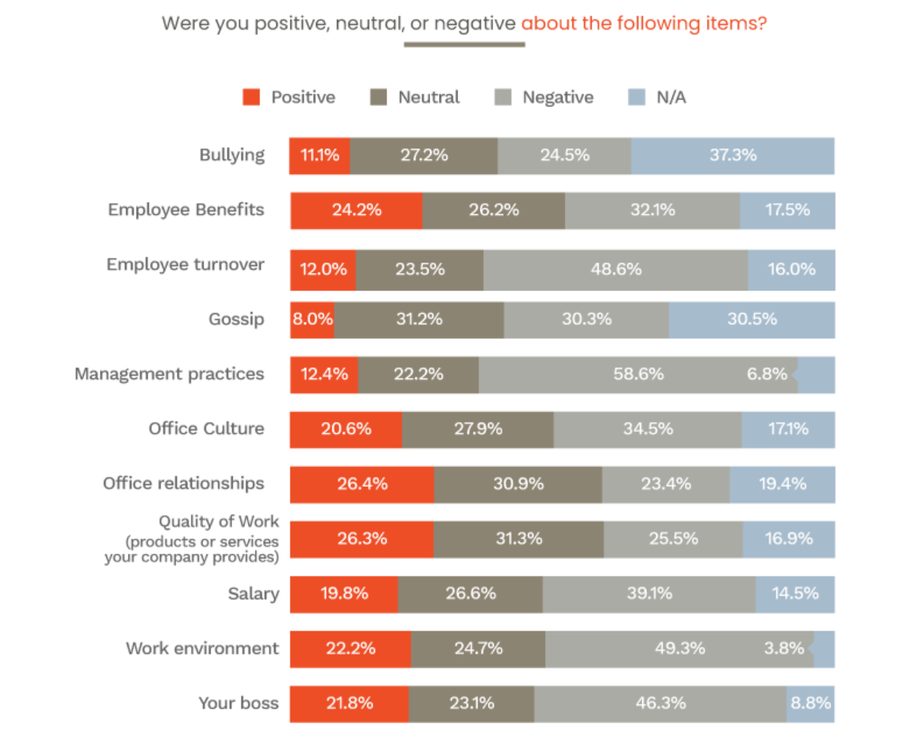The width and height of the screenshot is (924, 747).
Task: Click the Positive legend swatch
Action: [251, 97]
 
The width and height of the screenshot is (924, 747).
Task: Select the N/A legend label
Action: [670, 97]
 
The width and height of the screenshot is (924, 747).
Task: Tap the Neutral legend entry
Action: [429, 97]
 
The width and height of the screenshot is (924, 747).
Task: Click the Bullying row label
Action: [232, 155]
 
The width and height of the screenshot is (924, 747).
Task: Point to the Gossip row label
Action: [236, 319]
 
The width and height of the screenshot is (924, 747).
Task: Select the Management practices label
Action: [169, 373]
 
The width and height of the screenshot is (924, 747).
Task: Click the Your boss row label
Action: [238, 704]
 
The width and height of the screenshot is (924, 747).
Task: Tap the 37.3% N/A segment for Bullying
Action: [732, 155]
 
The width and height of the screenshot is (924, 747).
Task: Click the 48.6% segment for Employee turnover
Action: [616, 269]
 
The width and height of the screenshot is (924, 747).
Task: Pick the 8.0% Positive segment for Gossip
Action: [312, 319]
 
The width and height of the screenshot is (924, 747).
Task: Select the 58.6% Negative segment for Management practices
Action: [638, 374]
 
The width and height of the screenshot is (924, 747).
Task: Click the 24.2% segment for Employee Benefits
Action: [356, 210]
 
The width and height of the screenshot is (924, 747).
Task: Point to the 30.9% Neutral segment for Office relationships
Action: [518, 484]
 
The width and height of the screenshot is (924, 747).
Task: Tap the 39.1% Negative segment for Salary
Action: [648, 594]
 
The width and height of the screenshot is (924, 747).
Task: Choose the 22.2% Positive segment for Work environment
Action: [350, 648]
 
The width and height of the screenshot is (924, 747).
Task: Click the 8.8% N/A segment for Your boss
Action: [811, 704]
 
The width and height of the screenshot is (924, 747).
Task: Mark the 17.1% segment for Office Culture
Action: [788, 429]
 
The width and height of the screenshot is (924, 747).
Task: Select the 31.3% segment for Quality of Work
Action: [519, 539]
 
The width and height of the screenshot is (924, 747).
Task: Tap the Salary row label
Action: [253, 594]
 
